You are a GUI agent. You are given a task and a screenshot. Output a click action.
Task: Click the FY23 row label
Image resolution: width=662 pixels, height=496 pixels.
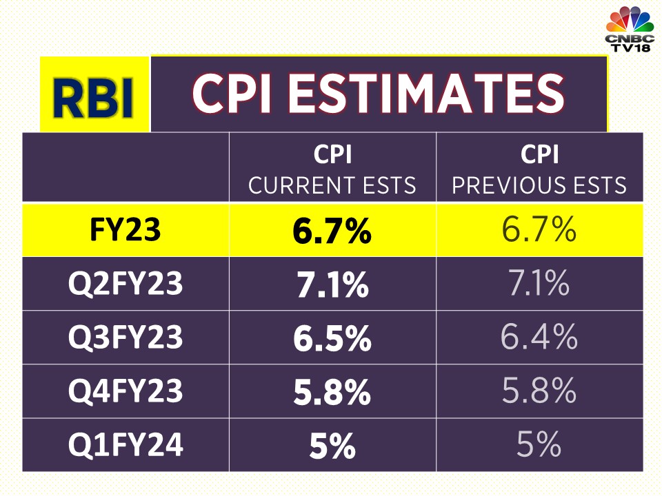coord(126,230)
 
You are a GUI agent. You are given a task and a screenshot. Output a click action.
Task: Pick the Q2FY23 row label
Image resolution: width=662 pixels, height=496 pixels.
coord(126,284)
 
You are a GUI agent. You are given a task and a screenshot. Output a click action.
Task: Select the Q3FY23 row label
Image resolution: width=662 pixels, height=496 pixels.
coord(126,338)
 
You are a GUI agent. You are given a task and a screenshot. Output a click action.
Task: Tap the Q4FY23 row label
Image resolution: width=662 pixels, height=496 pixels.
coord(126,391)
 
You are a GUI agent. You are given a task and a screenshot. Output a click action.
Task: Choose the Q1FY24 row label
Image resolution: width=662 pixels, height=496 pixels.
coord(126,445)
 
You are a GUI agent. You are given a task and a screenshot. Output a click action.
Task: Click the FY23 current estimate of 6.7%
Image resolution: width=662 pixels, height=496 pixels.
coord(332,231)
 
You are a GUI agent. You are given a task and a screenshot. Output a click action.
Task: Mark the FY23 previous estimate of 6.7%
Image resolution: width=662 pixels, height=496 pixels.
coord(539,230)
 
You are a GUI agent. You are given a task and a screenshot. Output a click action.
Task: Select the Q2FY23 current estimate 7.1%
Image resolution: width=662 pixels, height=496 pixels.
coord(332,285)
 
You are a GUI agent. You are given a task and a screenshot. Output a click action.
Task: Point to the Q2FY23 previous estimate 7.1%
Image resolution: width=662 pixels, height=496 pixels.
coord(539,284)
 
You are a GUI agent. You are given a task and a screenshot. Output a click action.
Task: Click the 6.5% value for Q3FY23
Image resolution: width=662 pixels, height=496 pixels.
coord(332,338)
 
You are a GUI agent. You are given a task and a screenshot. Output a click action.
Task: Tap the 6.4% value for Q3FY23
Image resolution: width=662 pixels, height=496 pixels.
coord(539,338)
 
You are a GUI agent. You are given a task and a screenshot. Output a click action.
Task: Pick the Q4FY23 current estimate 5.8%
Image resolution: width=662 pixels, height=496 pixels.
coord(332,392)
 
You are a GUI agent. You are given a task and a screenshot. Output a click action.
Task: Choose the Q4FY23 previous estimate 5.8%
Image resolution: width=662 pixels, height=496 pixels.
coord(539,391)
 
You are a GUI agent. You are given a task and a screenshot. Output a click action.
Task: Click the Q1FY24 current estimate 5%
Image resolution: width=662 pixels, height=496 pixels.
coord(332,446)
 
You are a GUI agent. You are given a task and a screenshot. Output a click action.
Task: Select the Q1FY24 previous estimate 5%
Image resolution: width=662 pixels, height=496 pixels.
coord(539,445)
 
